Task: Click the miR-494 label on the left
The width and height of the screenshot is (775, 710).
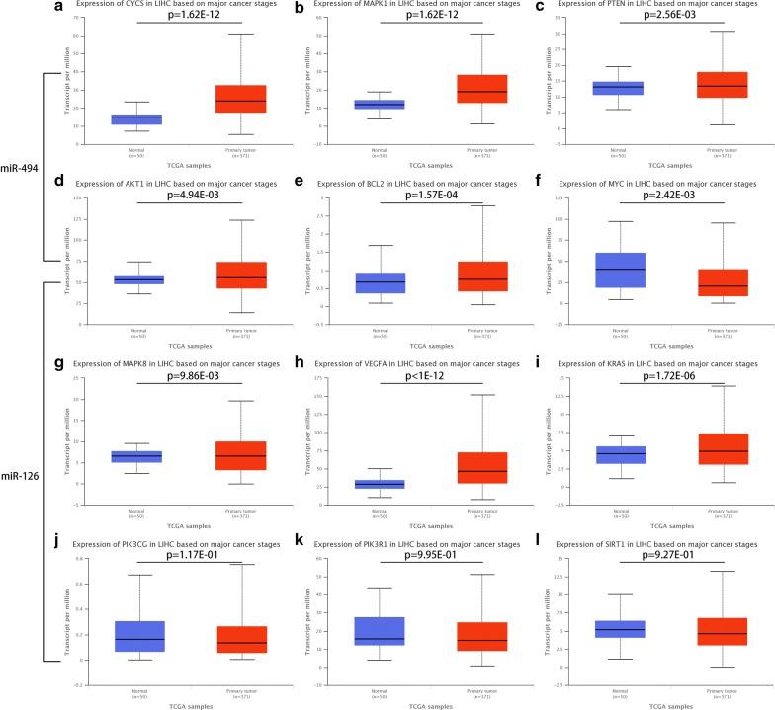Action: pos(20,168)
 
